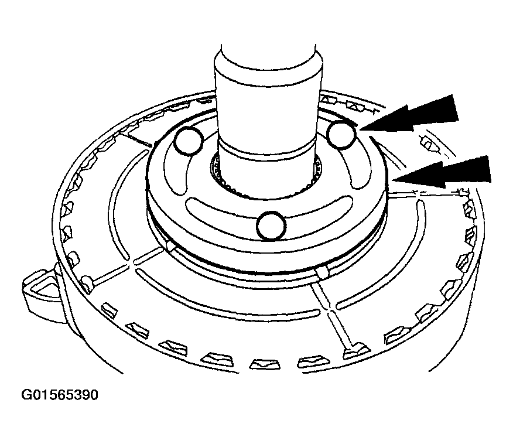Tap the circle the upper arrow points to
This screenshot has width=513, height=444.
click(341, 135)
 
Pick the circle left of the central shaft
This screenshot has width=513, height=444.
click(189, 141)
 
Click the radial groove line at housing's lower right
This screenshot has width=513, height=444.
click(334, 316)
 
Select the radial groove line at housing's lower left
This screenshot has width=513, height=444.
click(126, 269)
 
